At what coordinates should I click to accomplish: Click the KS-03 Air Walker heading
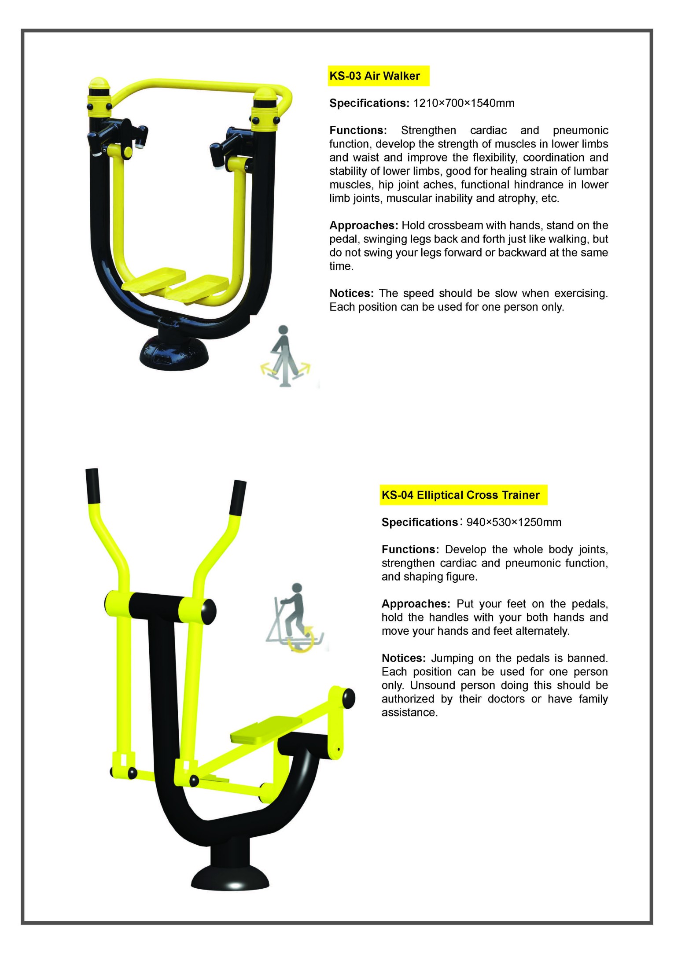coord(375,76)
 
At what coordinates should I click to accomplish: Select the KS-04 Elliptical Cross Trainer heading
coord(460,495)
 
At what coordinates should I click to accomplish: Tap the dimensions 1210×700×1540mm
coord(464,103)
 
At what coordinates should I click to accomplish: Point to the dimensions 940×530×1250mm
coord(514,522)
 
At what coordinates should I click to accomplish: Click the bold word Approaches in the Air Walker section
coord(364,226)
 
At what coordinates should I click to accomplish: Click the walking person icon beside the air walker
coord(285,356)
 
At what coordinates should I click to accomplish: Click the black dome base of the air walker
coord(174,351)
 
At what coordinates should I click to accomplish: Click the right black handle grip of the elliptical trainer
coord(238,498)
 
